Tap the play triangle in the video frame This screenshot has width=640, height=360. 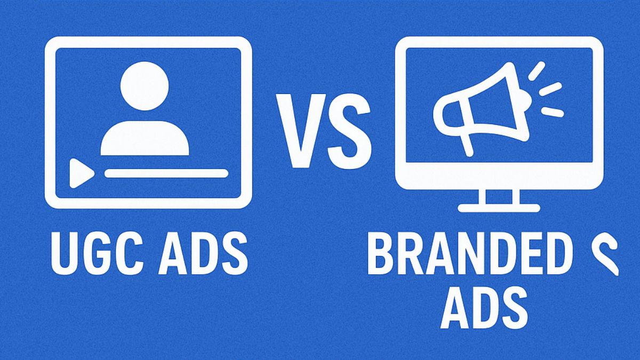(81, 173)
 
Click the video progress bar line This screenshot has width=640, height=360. (166, 173)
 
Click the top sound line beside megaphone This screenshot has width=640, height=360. (536, 70)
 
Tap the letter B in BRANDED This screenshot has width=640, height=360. (379, 255)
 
